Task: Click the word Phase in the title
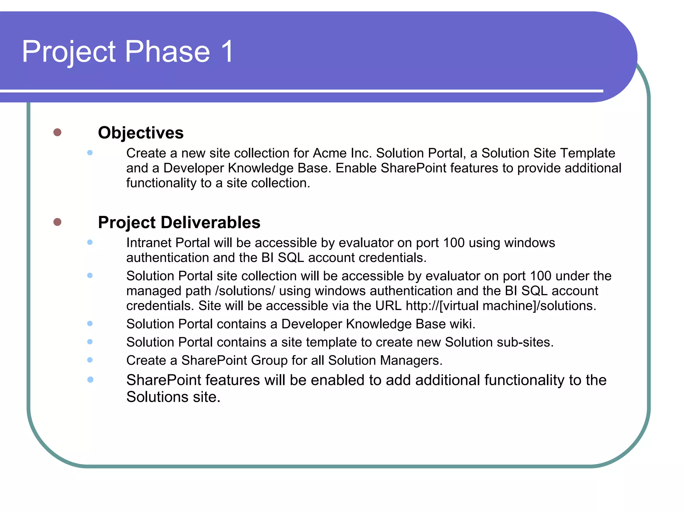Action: pos(167,52)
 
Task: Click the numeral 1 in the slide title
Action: pos(227,52)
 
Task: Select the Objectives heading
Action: pos(140,133)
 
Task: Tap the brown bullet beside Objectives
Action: pos(57,132)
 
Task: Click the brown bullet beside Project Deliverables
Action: pos(57,222)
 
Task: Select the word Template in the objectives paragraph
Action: pos(587,153)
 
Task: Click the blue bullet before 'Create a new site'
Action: pos(90,153)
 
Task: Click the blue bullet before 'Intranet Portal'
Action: pos(90,242)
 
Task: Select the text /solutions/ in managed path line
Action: pos(245,291)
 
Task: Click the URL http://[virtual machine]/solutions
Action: pos(501,306)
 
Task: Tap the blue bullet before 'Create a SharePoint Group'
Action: pos(90,360)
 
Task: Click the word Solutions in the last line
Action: pos(157,397)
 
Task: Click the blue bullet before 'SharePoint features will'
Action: pos(90,380)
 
